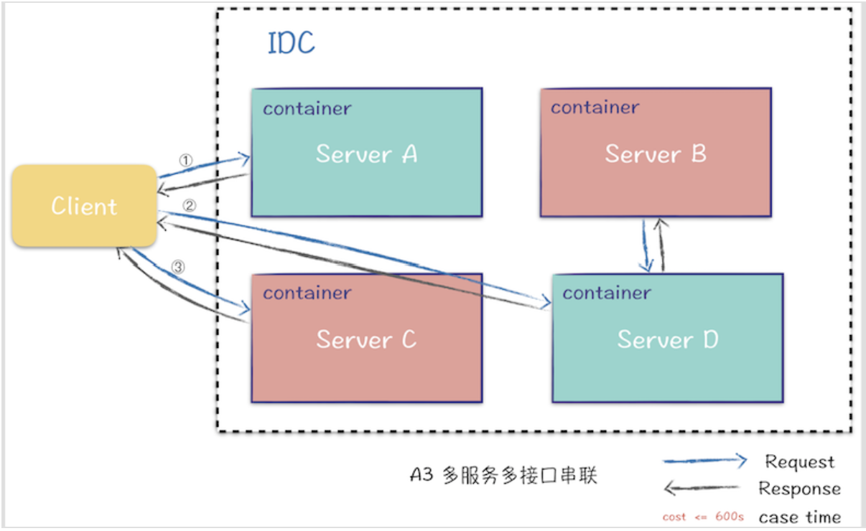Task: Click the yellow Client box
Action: tap(84, 206)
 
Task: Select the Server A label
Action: tap(366, 154)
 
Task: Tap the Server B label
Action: tap(656, 154)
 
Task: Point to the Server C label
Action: tap(366, 339)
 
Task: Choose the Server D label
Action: tap(668, 339)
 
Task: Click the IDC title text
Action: tap(291, 44)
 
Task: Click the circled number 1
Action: tap(185, 160)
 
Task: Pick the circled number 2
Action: tap(189, 205)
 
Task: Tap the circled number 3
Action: tap(178, 267)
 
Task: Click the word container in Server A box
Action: tap(307, 109)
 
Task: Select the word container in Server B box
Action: tap(595, 108)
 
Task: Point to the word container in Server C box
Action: tap(307, 293)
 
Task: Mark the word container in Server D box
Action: tap(607, 293)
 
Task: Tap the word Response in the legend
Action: tap(799, 489)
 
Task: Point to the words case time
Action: tap(799, 517)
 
